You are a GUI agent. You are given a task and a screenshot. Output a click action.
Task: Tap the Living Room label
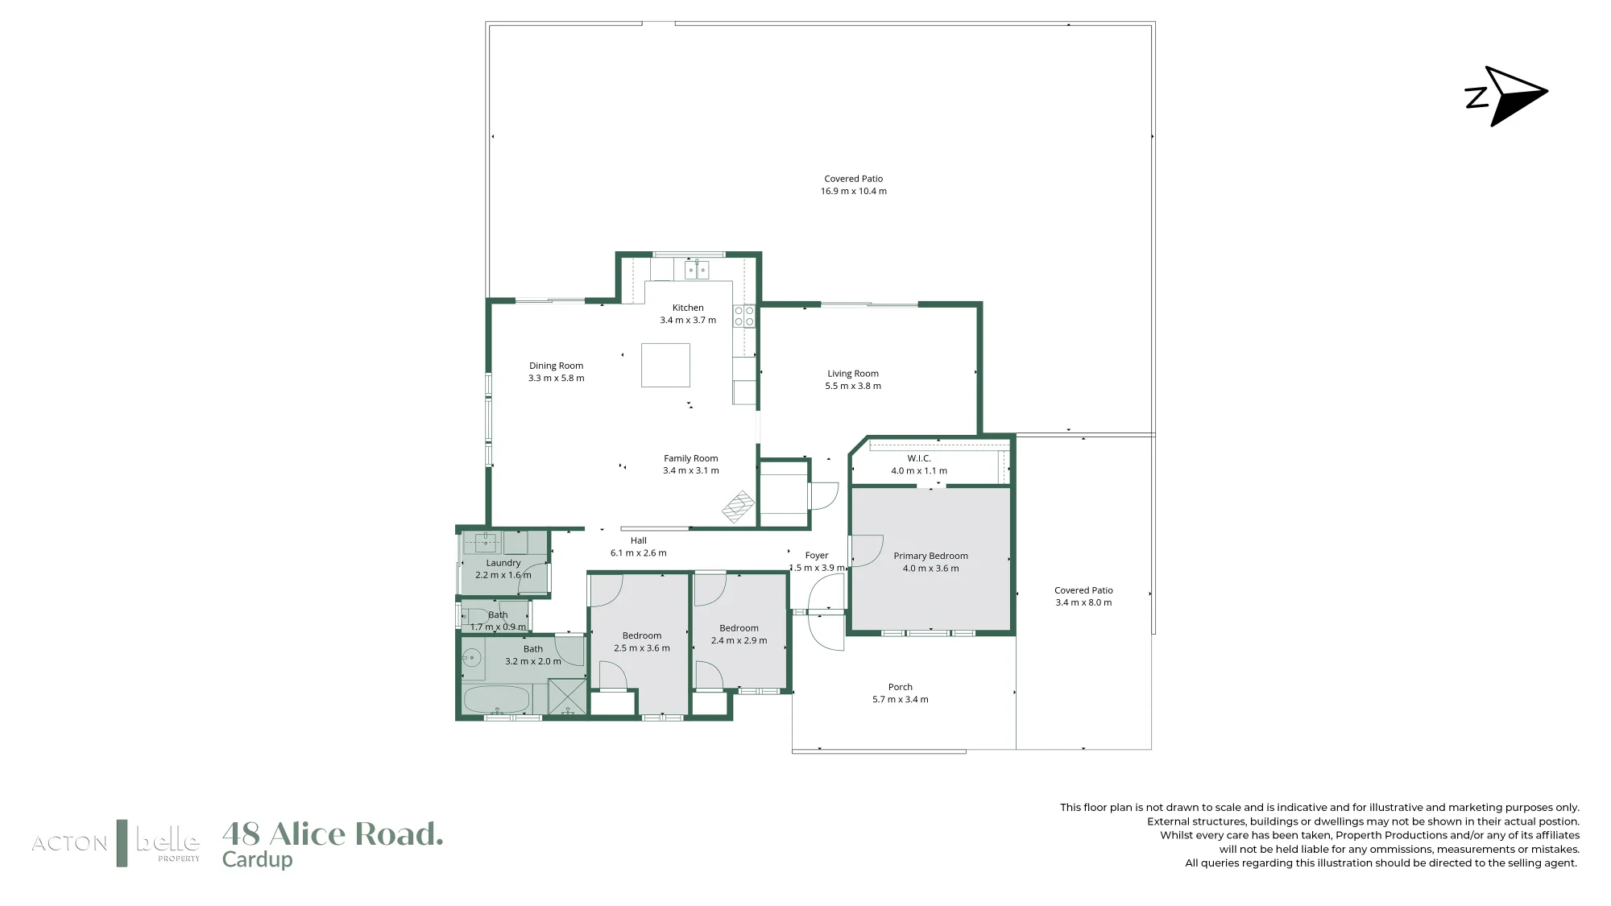(x=853, y=374)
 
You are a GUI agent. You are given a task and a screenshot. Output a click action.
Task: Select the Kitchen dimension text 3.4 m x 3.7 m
(x=688, y=321)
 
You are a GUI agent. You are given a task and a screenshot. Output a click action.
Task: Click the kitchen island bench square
(x=665, y=366)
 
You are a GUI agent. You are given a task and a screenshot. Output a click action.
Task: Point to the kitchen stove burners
(x=744, y=316)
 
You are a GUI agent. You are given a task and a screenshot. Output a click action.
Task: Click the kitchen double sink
(x=697, y=269)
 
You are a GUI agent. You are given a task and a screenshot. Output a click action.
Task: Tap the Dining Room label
(x=556, y=366)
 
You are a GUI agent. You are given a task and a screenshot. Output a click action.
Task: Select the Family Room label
(x=691, y=458)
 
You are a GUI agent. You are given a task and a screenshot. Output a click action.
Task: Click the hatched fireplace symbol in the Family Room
(x=738, y=507)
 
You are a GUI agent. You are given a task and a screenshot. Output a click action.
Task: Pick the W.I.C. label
(x=919, y=458)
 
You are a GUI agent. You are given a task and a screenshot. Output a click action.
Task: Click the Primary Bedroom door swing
(x=867, y=551)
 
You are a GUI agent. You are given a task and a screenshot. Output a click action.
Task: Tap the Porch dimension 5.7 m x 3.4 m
(x=901, y=700)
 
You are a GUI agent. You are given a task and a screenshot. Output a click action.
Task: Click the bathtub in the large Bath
(x=497, y=699)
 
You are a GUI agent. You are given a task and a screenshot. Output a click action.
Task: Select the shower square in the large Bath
(x=568, y=697)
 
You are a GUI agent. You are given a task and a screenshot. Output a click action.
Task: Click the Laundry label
(x=503, y=563)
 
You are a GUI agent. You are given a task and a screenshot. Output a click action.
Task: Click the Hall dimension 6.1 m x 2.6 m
(x=639, y=553)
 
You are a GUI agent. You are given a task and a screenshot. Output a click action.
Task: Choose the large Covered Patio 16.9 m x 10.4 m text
(x=854, y=185)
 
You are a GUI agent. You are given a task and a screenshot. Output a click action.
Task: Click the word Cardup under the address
(x=257, y=860)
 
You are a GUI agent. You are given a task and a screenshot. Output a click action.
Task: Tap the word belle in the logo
(x=168, y=842)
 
